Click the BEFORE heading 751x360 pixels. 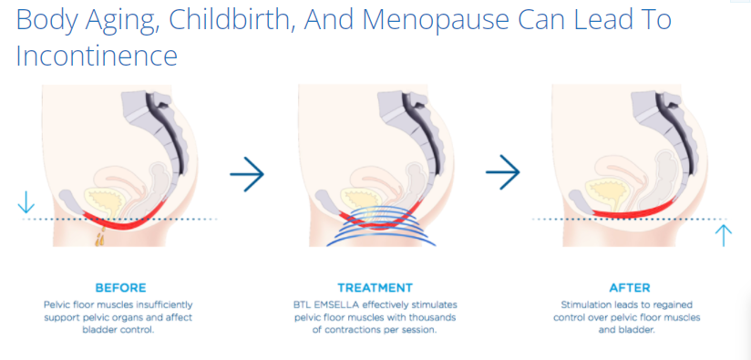coord(119,287)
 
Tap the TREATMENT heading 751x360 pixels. coord(375,287)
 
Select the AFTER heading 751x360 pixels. coord(631,287)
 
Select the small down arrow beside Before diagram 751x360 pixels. coord(26,203)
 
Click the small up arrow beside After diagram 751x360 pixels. coord(724,235)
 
